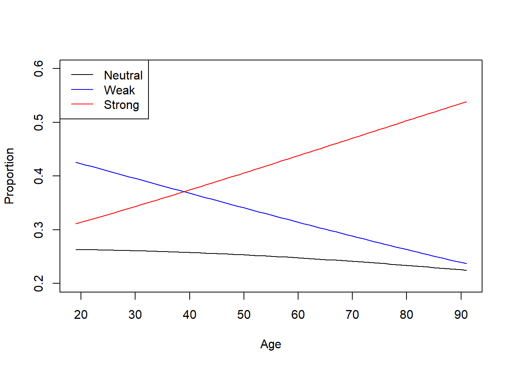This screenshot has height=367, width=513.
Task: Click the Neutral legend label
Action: coord(123,75)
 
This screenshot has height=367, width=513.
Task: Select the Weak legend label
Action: coord(119,90)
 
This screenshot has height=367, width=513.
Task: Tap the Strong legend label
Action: coord(121,105)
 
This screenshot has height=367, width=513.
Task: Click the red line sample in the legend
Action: coord(82,104)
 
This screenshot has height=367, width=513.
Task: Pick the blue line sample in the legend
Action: coord(82,89)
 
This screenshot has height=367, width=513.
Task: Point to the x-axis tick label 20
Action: coord(81,315)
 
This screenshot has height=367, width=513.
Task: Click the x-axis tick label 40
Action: coord(189,315)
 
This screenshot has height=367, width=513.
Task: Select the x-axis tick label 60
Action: coord(298,315)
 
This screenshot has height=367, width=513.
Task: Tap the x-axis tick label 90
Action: coord(461,315)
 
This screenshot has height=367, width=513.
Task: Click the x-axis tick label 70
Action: coord(352,315)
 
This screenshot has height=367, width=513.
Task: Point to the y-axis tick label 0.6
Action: coord(39,68)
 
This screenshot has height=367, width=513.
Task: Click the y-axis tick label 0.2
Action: coord(39,283)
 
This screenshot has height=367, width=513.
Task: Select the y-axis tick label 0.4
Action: coord(39,176)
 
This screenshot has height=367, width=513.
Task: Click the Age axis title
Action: coord(271,344)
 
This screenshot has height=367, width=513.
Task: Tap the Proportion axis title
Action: coord(9,176)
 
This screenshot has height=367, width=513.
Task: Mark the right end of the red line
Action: coord(466,102)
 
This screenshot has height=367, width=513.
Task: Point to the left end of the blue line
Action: coord(76,162)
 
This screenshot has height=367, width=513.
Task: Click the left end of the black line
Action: coord(76,250)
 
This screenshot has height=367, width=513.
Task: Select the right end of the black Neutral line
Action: coord(466,270)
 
